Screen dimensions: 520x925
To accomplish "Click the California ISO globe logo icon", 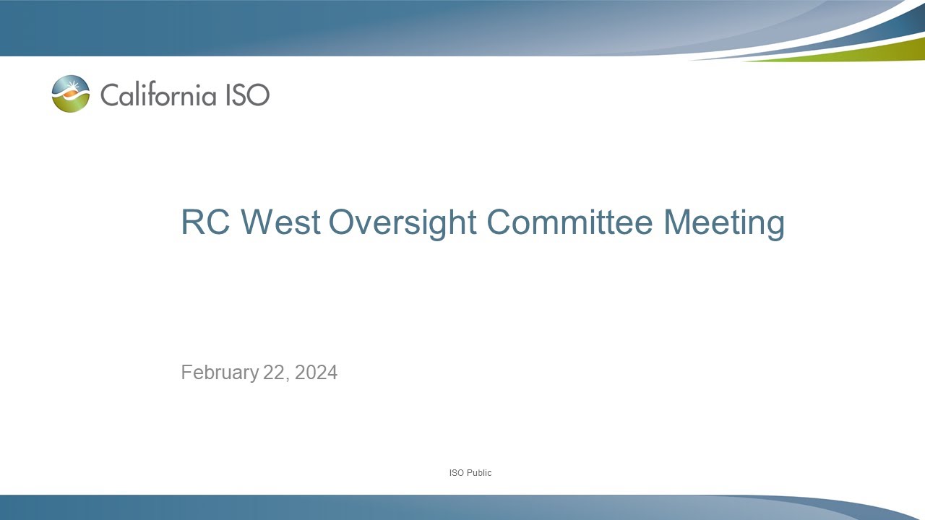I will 71,94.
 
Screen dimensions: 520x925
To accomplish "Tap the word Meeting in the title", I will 723,222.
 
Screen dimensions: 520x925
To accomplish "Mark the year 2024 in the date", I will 316,373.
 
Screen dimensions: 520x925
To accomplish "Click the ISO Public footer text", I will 470,473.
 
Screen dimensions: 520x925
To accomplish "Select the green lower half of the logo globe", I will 71,105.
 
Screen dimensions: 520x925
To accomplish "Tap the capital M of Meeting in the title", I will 677,222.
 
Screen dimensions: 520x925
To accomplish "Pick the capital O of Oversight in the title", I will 343,222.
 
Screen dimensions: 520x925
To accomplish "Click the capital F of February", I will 186,373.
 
